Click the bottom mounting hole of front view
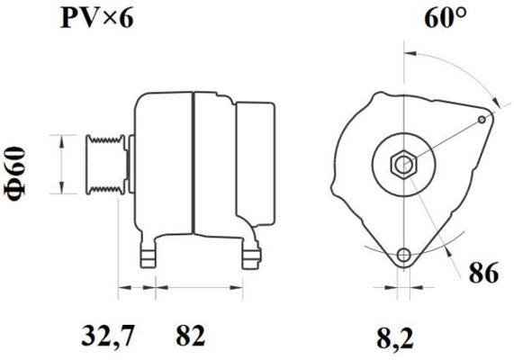tap(403, 255)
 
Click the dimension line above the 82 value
tap(198, 290)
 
